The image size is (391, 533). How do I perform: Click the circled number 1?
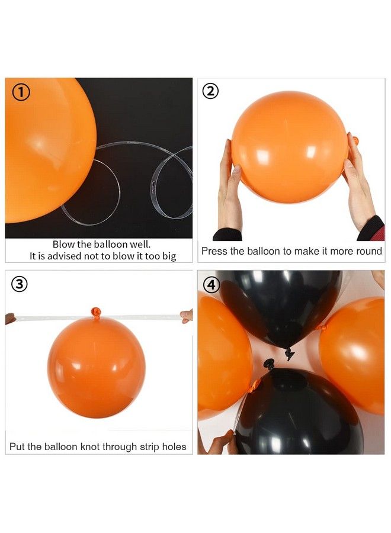tap(20, 92)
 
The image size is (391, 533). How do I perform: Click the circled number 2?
tap(210, 91)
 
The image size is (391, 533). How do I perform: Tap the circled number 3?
tap(20, 284)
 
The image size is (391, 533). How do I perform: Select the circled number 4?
tap(210, 284)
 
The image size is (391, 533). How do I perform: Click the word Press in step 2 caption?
tap(214, 251)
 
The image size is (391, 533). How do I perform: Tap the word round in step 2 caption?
tap(368, 251)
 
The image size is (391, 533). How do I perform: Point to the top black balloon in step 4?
tap(278, 305)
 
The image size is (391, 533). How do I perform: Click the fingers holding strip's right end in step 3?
tap(187, 316)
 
